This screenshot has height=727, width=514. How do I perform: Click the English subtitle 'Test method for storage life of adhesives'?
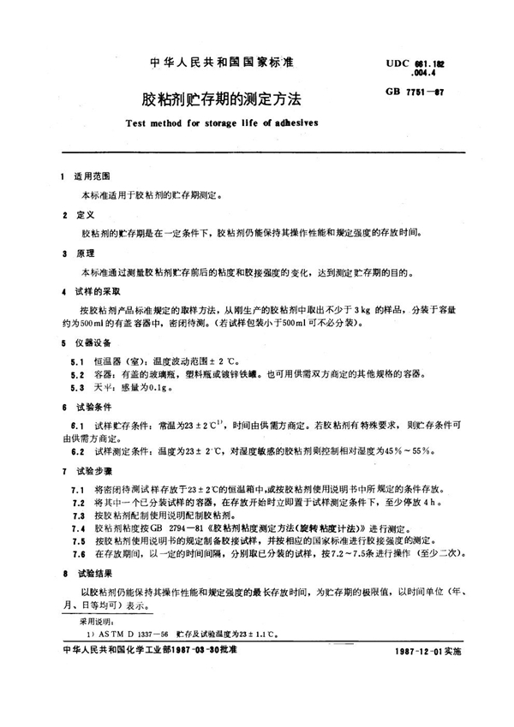click(210, 122)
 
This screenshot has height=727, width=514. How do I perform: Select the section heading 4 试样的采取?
click(90, 293)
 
